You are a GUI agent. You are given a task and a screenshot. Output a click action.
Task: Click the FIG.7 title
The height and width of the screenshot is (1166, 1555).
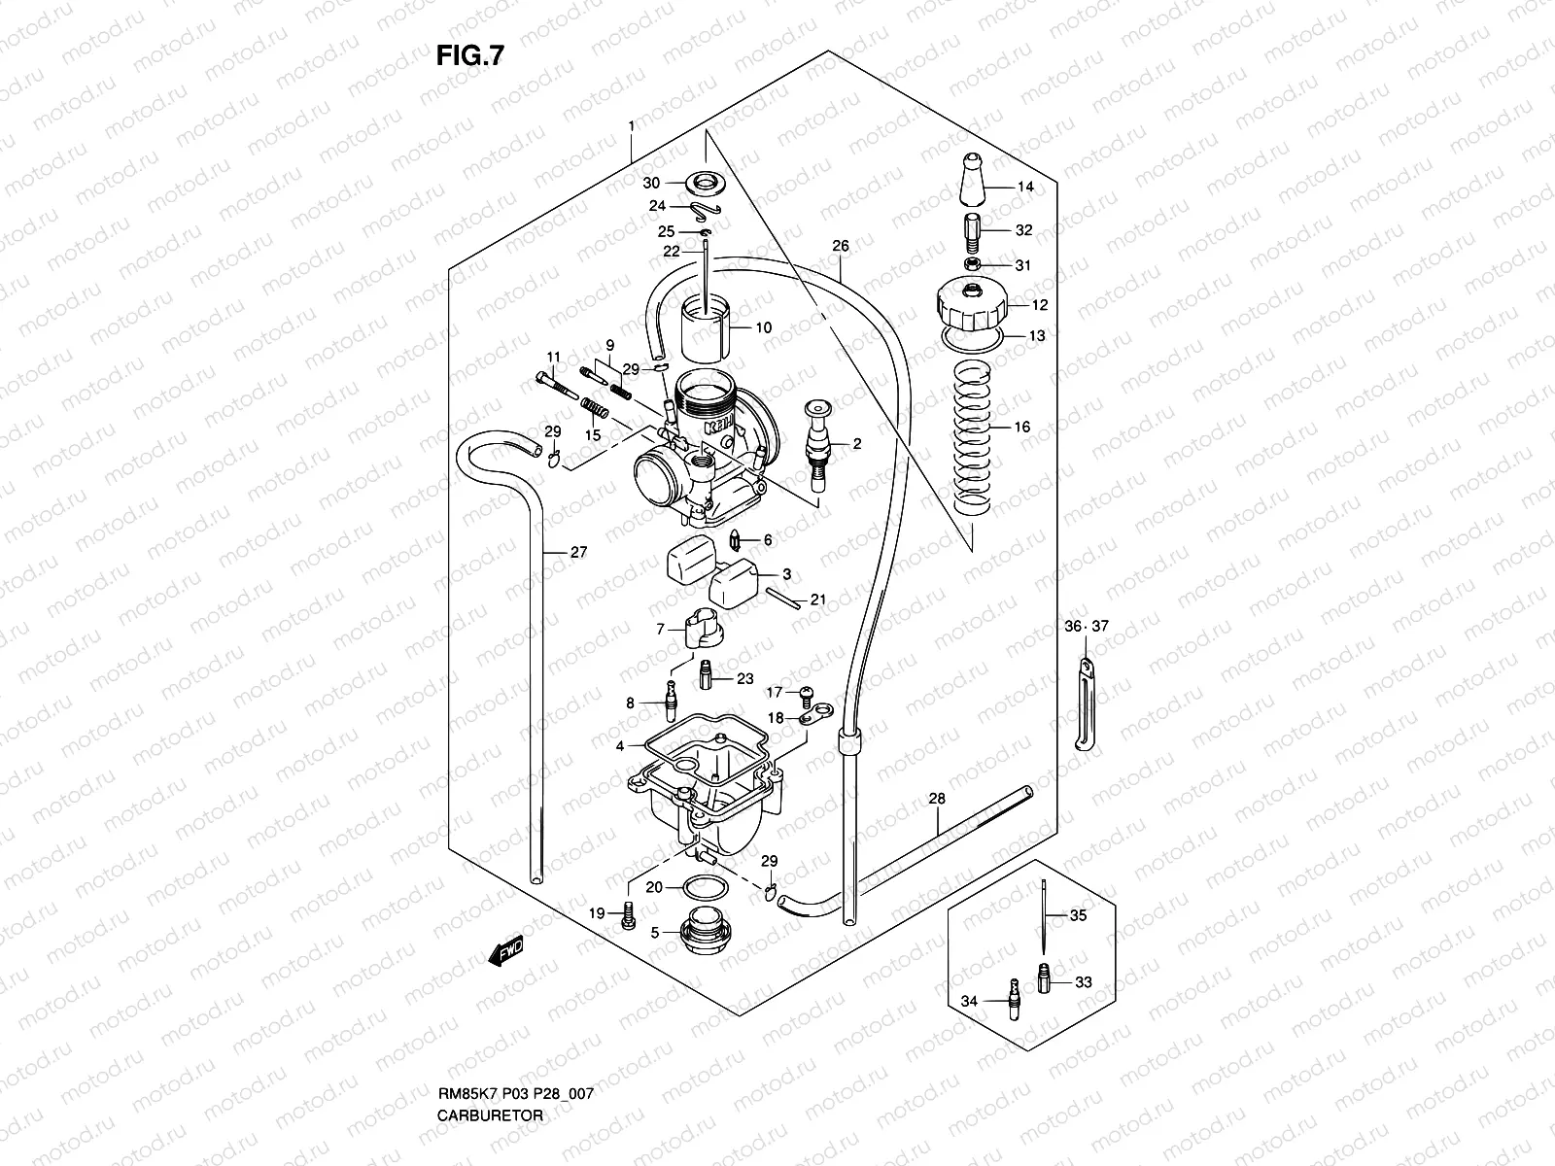tap(469, 56)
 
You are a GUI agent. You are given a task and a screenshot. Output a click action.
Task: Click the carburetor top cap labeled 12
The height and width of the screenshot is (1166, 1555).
tap(971, 303)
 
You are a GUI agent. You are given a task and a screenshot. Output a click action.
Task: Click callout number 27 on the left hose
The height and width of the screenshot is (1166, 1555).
tap(578, 552)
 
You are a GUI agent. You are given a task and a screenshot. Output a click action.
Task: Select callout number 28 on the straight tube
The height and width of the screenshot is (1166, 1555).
tap(936, 799)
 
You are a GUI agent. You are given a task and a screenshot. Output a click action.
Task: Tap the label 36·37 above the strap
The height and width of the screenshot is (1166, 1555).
tap(1085, 627)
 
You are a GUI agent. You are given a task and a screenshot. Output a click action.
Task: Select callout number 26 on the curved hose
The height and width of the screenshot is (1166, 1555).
tap(841, 246)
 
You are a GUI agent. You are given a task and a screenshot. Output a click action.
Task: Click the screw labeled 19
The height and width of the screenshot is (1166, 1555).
tap(627, 914)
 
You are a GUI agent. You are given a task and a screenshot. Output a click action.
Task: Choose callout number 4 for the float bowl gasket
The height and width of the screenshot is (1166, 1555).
tap(619, 746)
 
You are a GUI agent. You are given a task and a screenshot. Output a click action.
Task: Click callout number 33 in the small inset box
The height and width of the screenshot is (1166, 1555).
tap(1084, 982)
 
